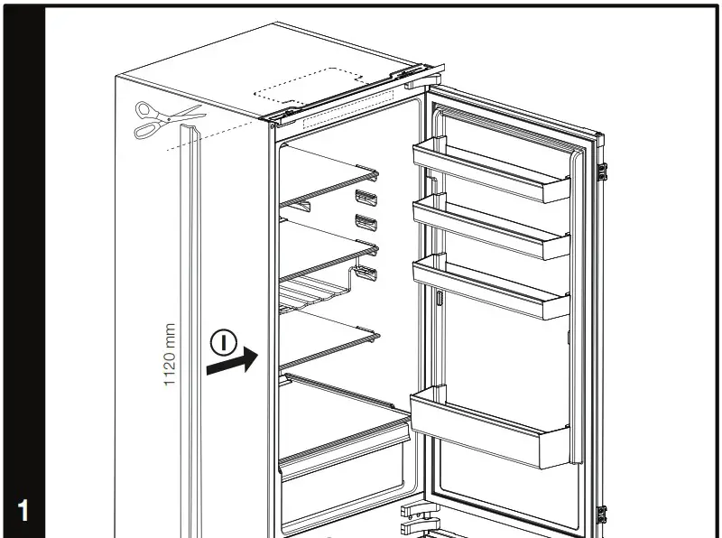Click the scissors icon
click(x=168, y=120)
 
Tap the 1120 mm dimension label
click(x=170, y=357)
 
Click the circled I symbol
click(x=224, y=342)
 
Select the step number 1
click(x=23, y=511)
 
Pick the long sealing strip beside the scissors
click(x=190, y=325)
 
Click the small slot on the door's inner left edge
click(x=437, y=301)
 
